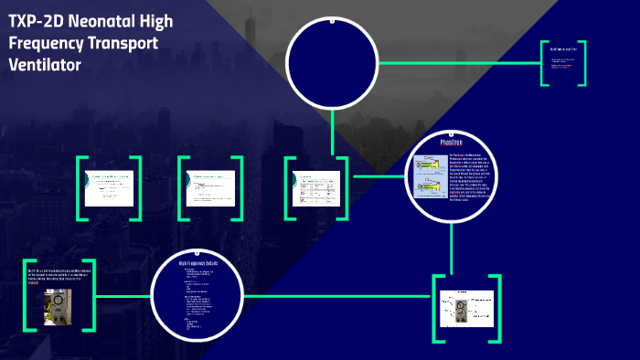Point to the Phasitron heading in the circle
(x=453, y=143)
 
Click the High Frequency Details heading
(x=197, y=263)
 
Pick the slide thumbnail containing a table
(x=317, y=187)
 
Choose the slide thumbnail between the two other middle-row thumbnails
(x=212, y=187)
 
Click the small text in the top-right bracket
(x=561, y=64)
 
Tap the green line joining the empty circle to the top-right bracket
(x=457, y=63)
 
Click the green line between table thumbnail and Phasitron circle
(x=377, y=175)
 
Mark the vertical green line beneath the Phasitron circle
(x=453, y=247)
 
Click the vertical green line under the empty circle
(x=332, y=128)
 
